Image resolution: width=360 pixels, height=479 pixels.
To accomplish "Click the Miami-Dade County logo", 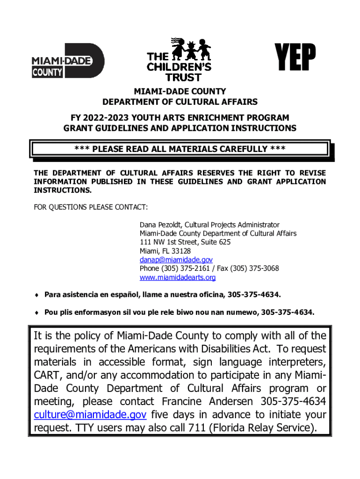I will (x=68, y=61).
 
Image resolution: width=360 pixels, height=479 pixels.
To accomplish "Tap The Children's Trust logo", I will (x=180, y=60).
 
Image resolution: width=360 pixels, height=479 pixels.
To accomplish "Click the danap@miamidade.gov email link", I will (x=176, y=260).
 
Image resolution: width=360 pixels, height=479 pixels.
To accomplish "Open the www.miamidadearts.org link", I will (x=178, y=277).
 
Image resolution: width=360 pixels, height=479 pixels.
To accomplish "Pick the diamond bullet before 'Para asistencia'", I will (x=36, y=295).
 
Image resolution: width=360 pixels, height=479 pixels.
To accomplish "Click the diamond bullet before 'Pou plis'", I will (x=36, y=312).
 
